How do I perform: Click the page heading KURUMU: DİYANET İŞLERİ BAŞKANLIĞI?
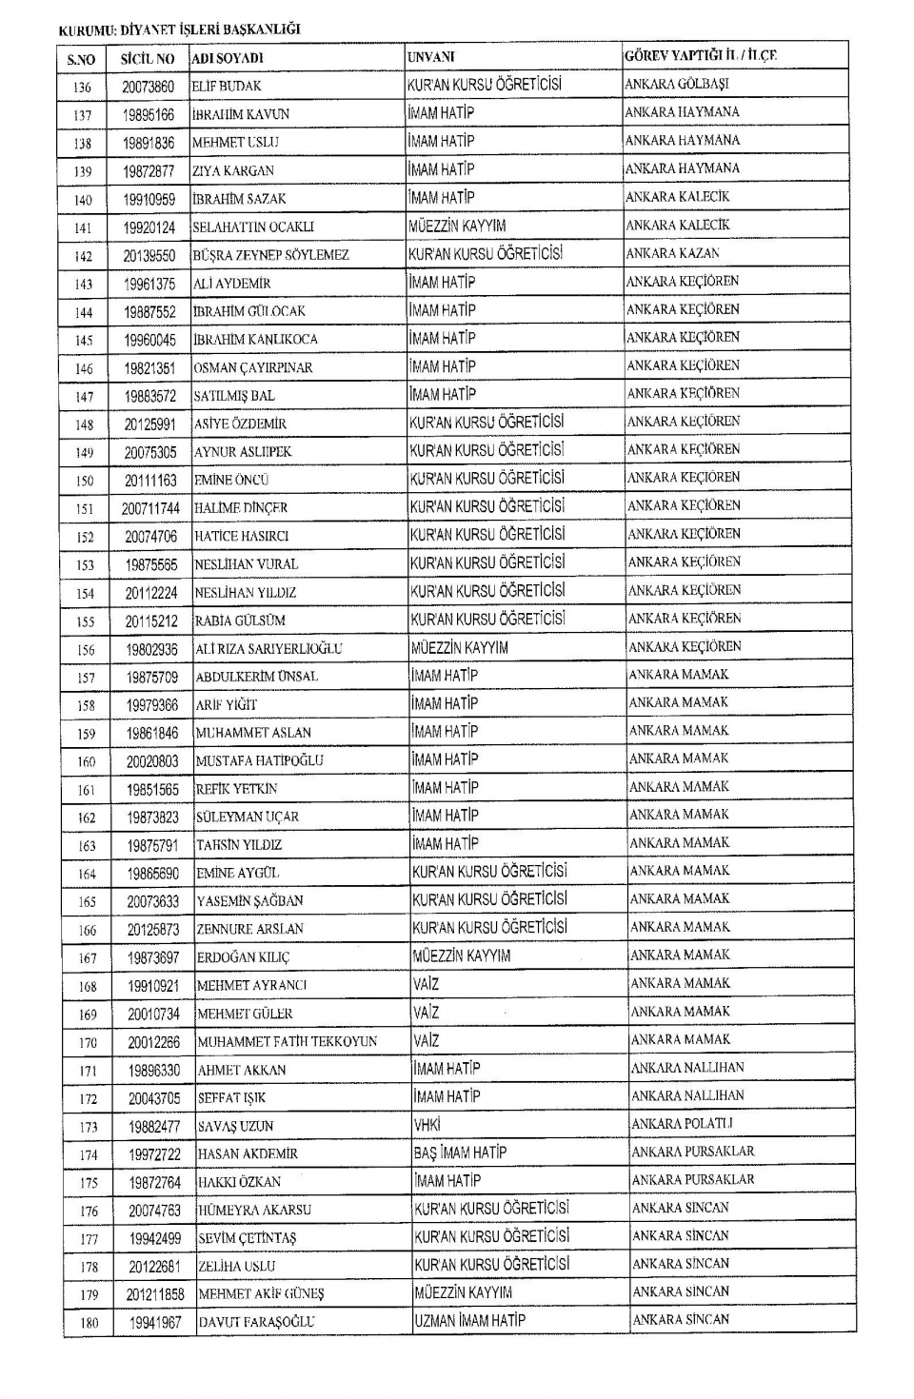[179, 30]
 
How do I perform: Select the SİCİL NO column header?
[148, 59]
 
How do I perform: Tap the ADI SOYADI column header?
[228, 59]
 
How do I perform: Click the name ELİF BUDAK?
[227, 87]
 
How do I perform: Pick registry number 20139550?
[149, 256]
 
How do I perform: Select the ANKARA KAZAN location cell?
[672, 253]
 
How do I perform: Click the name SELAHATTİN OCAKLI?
[253, 227]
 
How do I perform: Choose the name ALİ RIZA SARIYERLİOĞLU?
[268, 649]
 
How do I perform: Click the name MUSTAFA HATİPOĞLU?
[259, 761]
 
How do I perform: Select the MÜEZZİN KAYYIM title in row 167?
[462, 956]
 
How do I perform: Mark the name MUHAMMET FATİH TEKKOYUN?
[288, 1042]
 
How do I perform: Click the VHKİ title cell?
[427, 1125]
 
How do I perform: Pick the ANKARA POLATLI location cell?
[682, 1124]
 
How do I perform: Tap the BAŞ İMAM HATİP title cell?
[461, 1153]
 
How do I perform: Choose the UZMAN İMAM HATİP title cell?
[469, 1321]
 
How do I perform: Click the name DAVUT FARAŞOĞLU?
[256, 1323]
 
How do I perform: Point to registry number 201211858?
[155, 1294]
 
